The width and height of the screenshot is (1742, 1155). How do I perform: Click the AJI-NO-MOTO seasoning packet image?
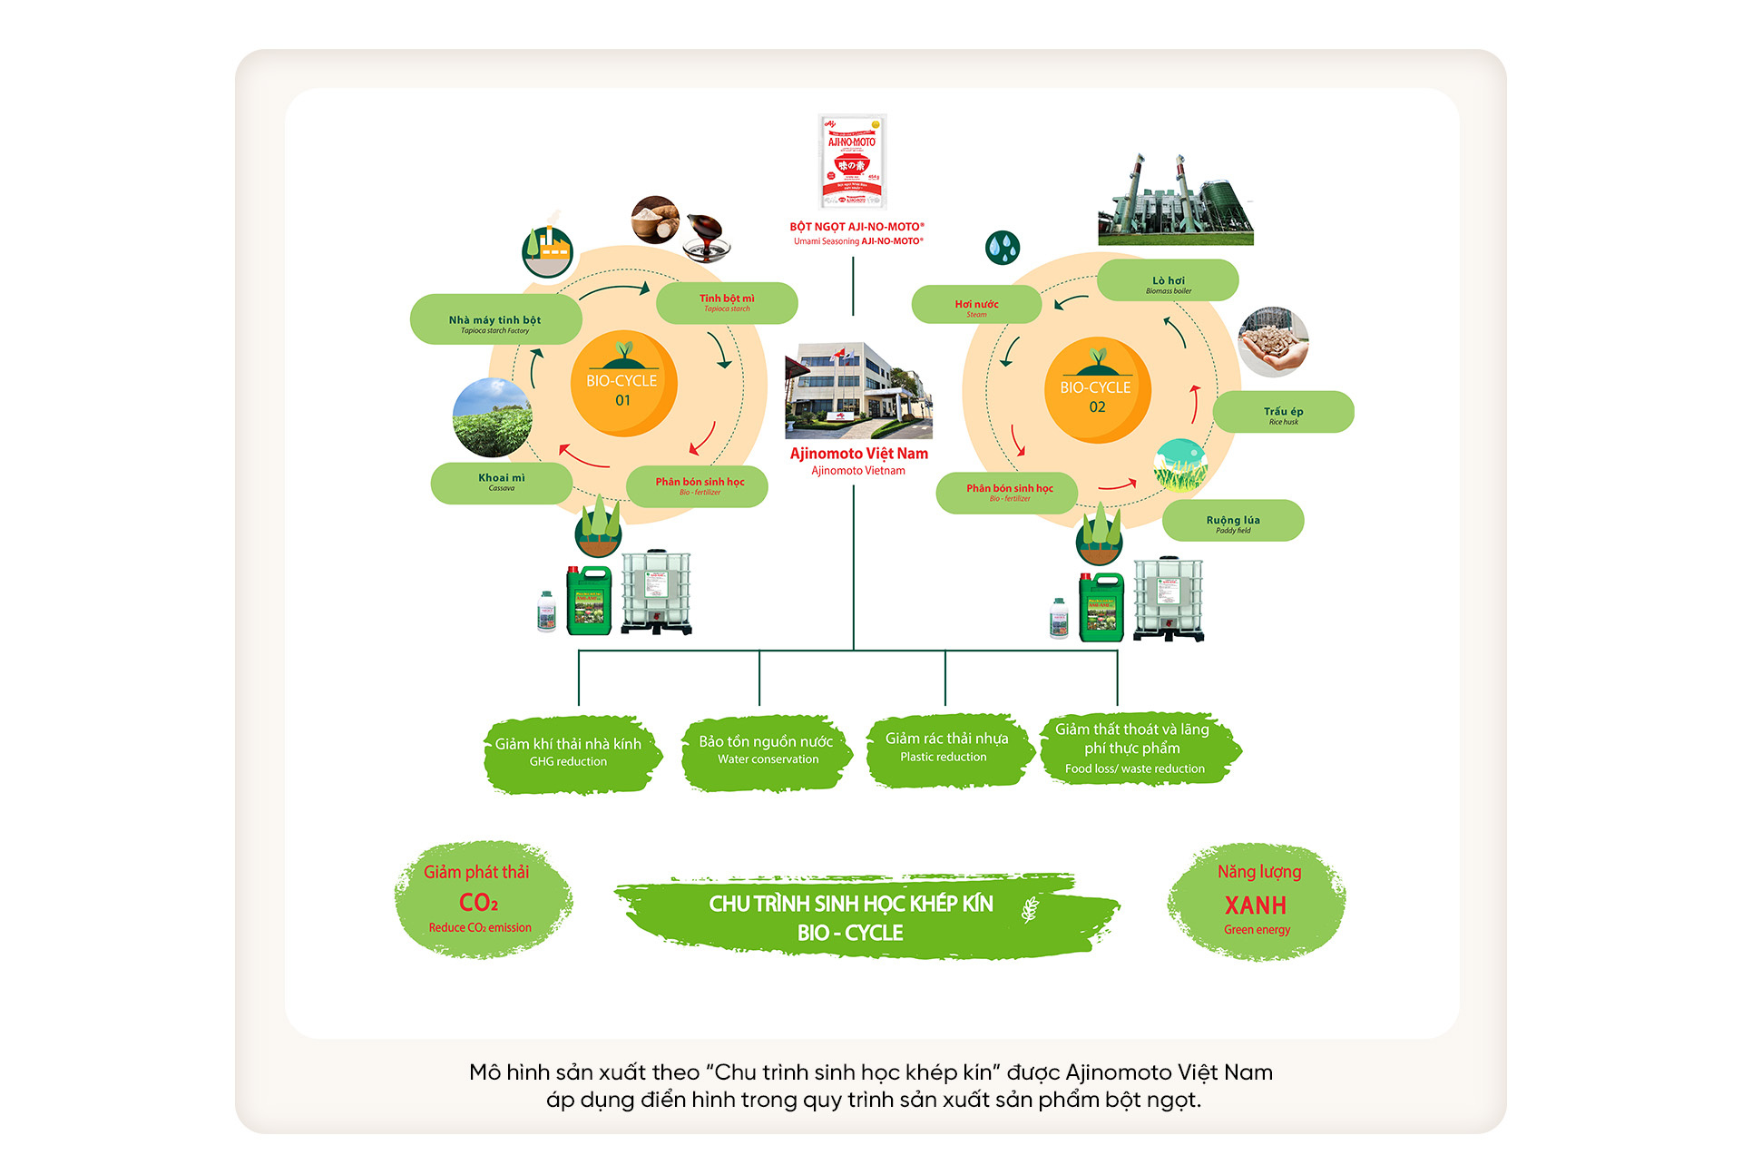(852, 162)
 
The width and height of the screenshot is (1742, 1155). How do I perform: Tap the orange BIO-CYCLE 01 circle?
(623, 384)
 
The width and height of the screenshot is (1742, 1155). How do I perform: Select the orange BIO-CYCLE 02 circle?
(1097, 390)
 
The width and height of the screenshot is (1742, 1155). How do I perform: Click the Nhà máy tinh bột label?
(495, 319)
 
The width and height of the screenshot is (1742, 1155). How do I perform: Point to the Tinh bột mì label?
(727, 303)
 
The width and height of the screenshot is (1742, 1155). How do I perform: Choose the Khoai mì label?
(501, 483)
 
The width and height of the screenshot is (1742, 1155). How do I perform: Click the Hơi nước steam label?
(976, 305)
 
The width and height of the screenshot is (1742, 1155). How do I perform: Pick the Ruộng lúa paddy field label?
(1232, 521)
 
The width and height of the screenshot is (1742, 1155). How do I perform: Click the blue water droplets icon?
(1003, 247)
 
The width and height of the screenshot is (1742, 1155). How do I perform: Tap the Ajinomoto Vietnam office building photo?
(857, 390)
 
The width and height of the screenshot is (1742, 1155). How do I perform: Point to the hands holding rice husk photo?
(1273, 342)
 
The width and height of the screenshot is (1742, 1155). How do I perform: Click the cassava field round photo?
(492, 417)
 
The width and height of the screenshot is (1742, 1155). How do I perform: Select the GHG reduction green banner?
(569, 753)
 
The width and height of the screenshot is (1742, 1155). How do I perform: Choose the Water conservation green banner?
(767, 751)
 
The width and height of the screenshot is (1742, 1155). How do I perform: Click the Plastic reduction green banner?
(946, 749)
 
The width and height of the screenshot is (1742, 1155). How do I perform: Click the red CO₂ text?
(478, 903)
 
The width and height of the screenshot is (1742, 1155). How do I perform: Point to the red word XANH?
(1256, 905)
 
